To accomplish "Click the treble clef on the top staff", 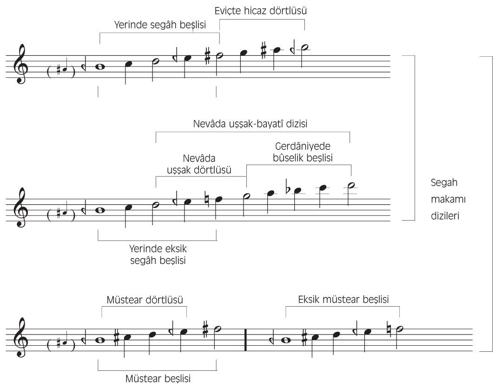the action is pyautogui.click(x=20, y=64).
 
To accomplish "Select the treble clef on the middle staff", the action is pyautogui.click(x=20, y=208).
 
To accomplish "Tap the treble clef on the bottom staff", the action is pyautogui.click(x=20, y=337).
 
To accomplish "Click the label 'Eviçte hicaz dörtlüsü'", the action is pyautogui.click(x=261, y=11).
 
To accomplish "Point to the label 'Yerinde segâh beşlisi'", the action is pyautogui.click(x=160, y=25).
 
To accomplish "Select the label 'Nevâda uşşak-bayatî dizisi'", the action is pyautogui.click(x=251, y=124).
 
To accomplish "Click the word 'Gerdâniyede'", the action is pyautogui.click(x=303, y=147).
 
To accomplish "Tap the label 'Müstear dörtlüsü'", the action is pyautogui.click(x=145, y=300).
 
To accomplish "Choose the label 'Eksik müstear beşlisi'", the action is pyautogui.click(x=343, y=300).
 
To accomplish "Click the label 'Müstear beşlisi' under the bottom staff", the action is pyautogui.click(x=158, y=378).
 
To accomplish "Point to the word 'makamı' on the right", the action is pyautogui.click(x=448, y=199).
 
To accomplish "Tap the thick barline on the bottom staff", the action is pyautogui.click(x=245, y=340).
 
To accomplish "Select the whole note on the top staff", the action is pyautogui.click(x=100, y=67).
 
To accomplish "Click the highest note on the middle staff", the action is pyautogui.click(x=351, y=186).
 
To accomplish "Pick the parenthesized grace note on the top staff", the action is pyautogui.click(x=61, y=70).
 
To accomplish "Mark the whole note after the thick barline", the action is pyautogui.click(x=286, y=340).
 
